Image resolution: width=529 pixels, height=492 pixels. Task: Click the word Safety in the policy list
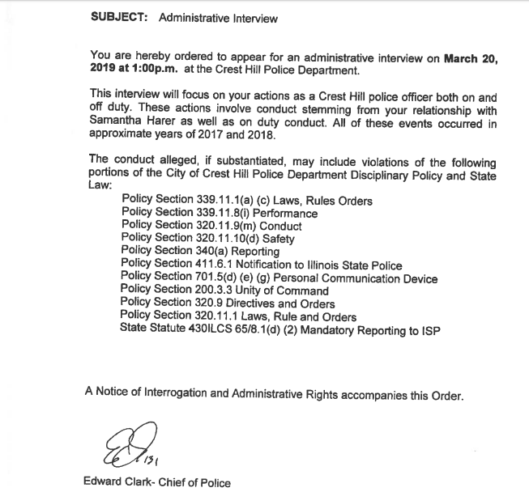click(276, 239)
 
